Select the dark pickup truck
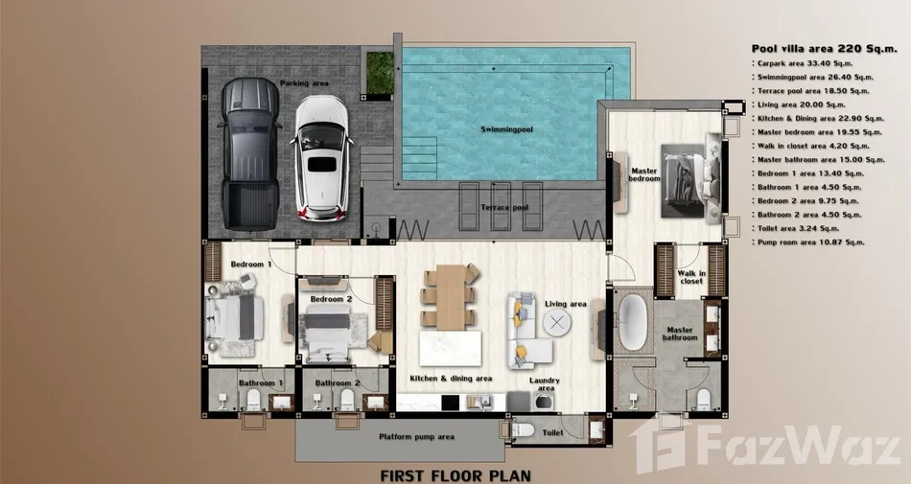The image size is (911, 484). [249, 153]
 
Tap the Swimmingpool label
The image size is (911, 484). [506, 129]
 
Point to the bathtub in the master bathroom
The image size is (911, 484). [633, 322]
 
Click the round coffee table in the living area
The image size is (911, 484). [556, 322]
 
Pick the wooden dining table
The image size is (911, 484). [451, 297]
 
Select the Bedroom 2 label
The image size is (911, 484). [331, 299]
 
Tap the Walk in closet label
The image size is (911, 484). [691, 277]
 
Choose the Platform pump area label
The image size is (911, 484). [416, 436]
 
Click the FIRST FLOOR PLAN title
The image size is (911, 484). [455, 475]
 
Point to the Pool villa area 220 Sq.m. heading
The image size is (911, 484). [824, 49]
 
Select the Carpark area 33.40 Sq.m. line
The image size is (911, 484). [803, 63]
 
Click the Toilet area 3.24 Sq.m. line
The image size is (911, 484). [799, 229]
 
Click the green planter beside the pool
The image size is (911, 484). [380, 73]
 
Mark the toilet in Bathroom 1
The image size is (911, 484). [254, 400]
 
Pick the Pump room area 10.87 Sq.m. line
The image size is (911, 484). [808, 242]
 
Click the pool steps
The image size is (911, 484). [419, 158]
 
